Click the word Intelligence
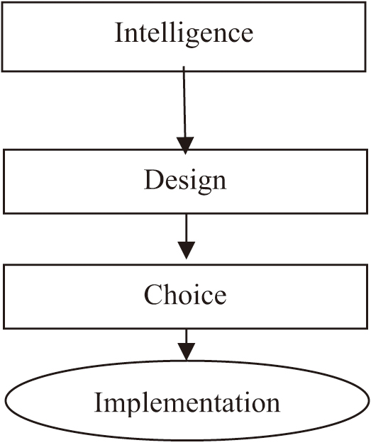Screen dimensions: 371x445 184,33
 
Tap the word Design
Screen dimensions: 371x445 185,181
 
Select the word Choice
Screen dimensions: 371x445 185,295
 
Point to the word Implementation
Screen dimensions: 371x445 187,402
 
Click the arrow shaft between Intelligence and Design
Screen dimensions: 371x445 184,101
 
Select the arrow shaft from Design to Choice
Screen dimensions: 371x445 187,228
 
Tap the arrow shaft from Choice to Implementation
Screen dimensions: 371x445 187,337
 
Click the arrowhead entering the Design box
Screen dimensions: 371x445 185,145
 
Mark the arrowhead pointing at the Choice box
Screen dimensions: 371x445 187,250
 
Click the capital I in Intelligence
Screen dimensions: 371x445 119,32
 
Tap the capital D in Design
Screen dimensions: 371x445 153,179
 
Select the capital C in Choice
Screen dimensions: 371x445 153,294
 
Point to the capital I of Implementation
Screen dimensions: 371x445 99,402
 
